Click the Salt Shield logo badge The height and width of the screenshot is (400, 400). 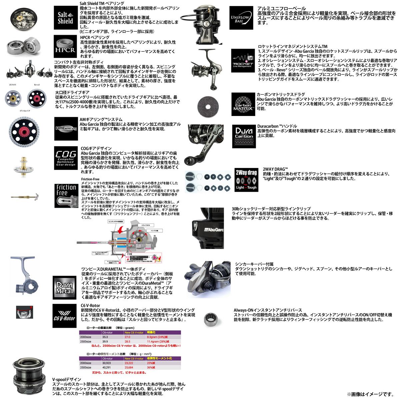point(65,18)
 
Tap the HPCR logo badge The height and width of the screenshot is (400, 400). point(65,47)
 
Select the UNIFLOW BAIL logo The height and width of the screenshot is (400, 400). point(241,18)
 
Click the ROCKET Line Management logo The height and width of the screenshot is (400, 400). point(243,61)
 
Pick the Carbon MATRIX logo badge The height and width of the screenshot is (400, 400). point(243,104)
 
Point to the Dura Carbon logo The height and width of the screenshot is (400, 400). point(244,136)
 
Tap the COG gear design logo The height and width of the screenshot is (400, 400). point(65,158)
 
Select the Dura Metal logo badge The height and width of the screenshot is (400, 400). point(65,287)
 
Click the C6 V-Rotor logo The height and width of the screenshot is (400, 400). point(65,316)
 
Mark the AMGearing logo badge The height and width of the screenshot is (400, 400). point(66,129)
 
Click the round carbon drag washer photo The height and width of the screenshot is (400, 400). point(205,105)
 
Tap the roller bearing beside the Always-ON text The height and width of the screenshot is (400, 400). point(211,318)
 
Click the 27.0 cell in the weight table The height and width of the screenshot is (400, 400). point(128,337)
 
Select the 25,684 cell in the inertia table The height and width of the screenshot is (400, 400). point(129,367)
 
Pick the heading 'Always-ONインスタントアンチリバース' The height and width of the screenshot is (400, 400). point(268,310)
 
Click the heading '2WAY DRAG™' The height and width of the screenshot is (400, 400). point(275,169)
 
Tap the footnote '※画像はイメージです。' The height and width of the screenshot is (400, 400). point(370,394)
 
